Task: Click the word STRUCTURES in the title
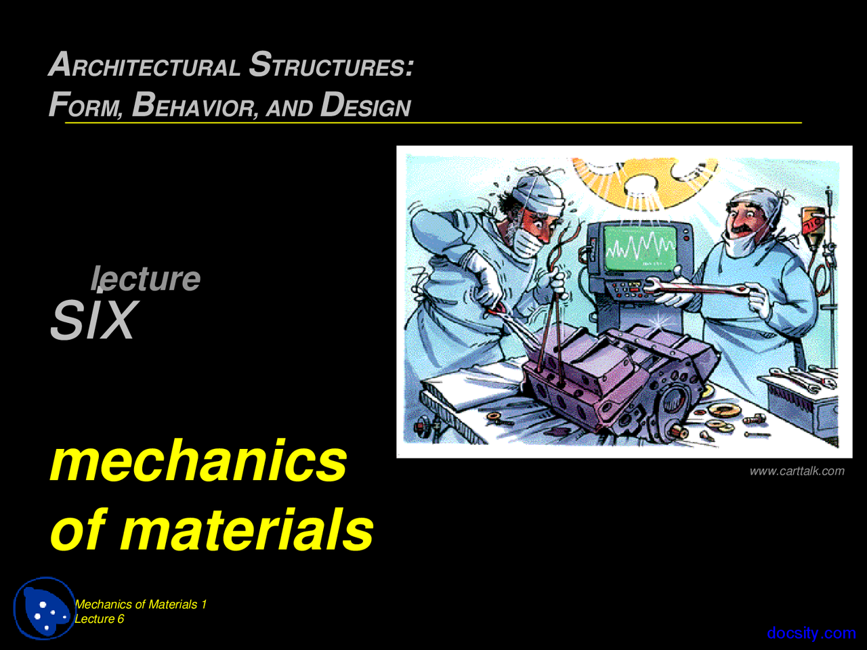331,66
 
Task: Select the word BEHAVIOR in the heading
194,106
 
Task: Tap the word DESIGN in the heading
365,106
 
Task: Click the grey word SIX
93,320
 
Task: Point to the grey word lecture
146,278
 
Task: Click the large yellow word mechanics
198,461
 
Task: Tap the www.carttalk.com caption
797,471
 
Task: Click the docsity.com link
811,633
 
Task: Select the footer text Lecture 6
100,619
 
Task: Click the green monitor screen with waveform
639,248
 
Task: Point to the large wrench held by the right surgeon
698,288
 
